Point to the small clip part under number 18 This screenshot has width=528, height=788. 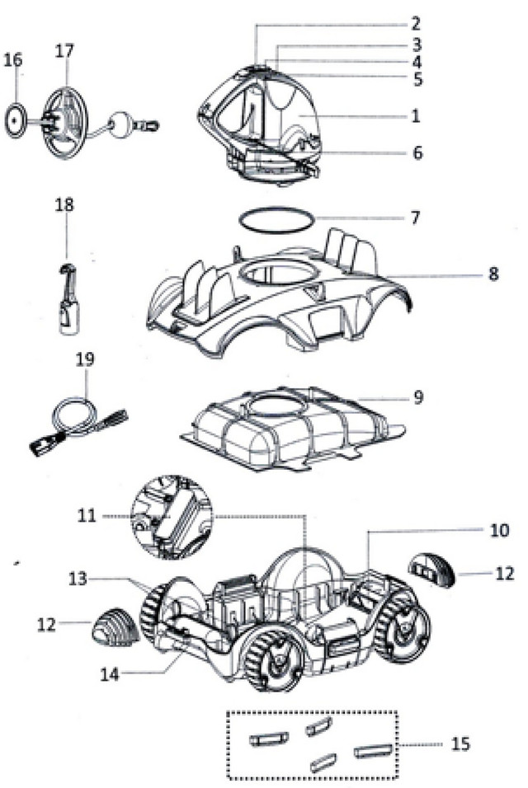point(65,300)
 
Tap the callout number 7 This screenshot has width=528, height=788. point(416,218)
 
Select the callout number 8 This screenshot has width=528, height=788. point(493,274)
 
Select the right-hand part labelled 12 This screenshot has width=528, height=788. point(436,569)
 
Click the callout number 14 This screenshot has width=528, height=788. point(110,673)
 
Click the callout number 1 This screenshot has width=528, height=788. point(416,116)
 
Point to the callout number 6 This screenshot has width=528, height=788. point(416,152)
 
